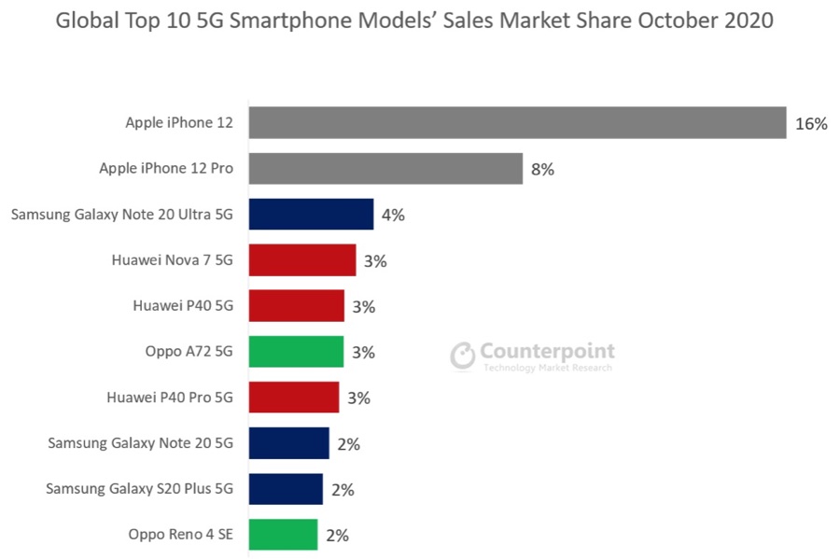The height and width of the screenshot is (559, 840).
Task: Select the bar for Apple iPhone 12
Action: pos(517,122)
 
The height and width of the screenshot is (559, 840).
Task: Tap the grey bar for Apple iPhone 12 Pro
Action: pos(385,169)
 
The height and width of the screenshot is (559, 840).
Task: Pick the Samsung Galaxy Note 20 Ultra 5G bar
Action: pos(311,215)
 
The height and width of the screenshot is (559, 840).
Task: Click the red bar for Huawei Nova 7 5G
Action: pos(302,260)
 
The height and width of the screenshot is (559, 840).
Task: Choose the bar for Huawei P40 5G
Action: pos(297,306)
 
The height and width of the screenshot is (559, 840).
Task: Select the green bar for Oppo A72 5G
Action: pos(297,352)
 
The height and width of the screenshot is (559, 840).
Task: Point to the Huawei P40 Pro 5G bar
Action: pos(294,398)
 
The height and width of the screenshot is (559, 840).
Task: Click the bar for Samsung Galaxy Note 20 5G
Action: pos(289,443)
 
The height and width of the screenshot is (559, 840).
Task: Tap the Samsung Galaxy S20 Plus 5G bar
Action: pos(286,489)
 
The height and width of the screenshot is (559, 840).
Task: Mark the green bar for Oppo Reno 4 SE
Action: pos(283,535)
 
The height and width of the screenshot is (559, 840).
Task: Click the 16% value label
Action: pos(811,123)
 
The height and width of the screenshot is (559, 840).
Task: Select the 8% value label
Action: pos(542,169)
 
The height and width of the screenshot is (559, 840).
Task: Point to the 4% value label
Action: pos(393,215)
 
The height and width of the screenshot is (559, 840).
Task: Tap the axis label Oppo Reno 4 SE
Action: pos(181,535)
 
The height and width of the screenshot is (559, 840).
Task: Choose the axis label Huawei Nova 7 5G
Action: pos(172,260)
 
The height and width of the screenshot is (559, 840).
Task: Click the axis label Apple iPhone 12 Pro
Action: pos(166,169)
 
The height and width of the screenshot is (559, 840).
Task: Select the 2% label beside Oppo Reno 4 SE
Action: pos(337,536)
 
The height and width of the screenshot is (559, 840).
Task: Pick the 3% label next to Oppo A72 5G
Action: pos(363,352)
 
